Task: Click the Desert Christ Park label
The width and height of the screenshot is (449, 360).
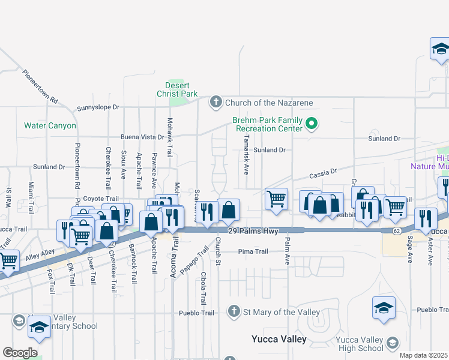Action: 177,89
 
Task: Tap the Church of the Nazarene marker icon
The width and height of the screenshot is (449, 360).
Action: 215,103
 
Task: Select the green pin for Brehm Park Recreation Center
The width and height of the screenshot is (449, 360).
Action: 312,124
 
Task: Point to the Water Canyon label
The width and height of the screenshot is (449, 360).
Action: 50,126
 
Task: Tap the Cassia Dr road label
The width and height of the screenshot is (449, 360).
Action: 324,173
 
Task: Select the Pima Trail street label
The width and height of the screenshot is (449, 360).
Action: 253,251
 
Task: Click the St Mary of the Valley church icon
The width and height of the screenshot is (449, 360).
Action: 234,311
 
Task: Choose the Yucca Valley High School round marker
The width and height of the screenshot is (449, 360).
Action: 392,343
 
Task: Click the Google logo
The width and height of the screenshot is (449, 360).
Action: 20,353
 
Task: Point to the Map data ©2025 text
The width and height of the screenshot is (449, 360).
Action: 423,355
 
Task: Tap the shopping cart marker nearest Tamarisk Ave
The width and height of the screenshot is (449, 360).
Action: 276,199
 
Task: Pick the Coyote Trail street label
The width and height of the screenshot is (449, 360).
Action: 85,199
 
